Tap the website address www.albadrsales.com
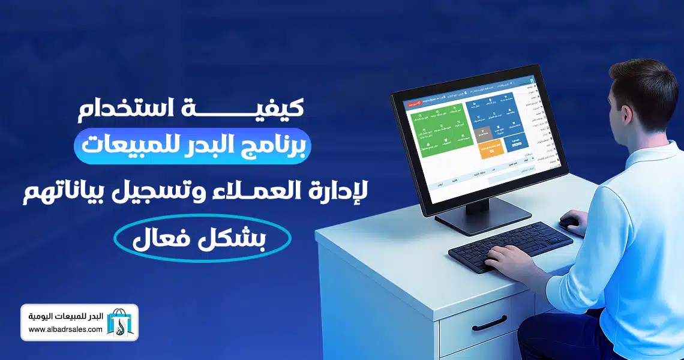click(65, 331)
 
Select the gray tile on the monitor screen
click(487, 134)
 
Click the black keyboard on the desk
click(510, 246)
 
